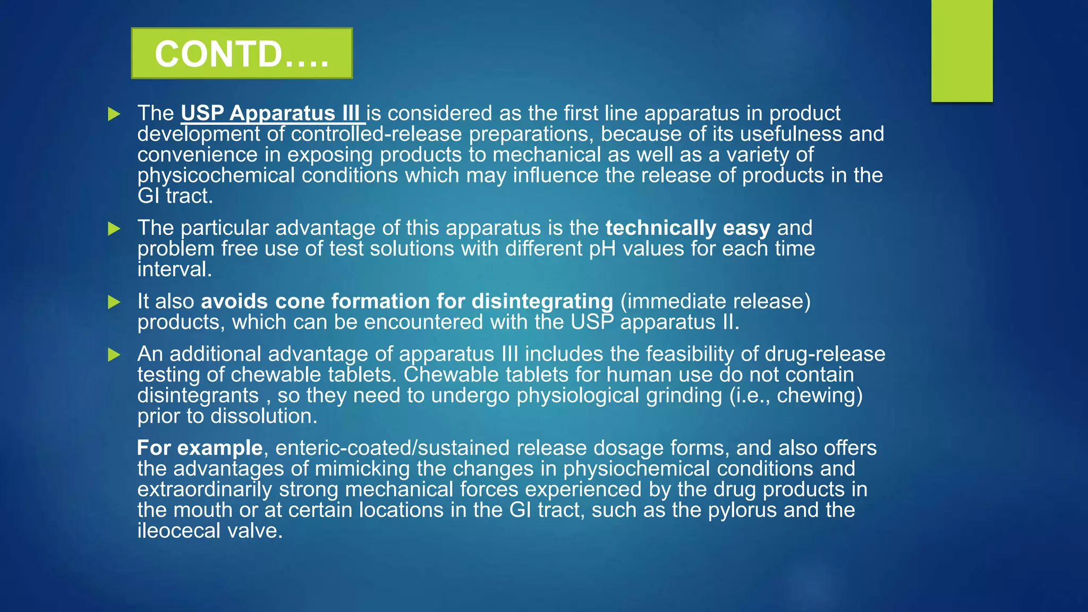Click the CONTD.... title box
pyautogui.click(x=242, y=53)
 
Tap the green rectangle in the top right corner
pyautogui.click(x=962, y=50)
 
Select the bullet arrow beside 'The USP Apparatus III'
pyautogui.click(x=114, y=114)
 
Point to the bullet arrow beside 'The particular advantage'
pyautogui.click(x=114, y=228)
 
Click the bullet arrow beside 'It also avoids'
pyautogui.click(x=114, y=302)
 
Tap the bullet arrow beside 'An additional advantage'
pyautogui.click(x=114, y=354)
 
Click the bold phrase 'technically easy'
pyautogui.click(x=687, y=228)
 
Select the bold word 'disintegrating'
pyautogui.click(x=542, y=301)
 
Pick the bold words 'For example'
pyautogui.click(x=200, y=448)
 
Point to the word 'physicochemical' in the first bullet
pyautogui.click(x=216, y=175)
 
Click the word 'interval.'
pyautogui.click(x=175, y=269)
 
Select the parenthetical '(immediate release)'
pyautogui.click(x=715, y=301)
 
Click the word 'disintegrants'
pyautogui.click(x=198, y=395)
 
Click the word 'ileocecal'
pyautogui.click(x=178, y=531)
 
